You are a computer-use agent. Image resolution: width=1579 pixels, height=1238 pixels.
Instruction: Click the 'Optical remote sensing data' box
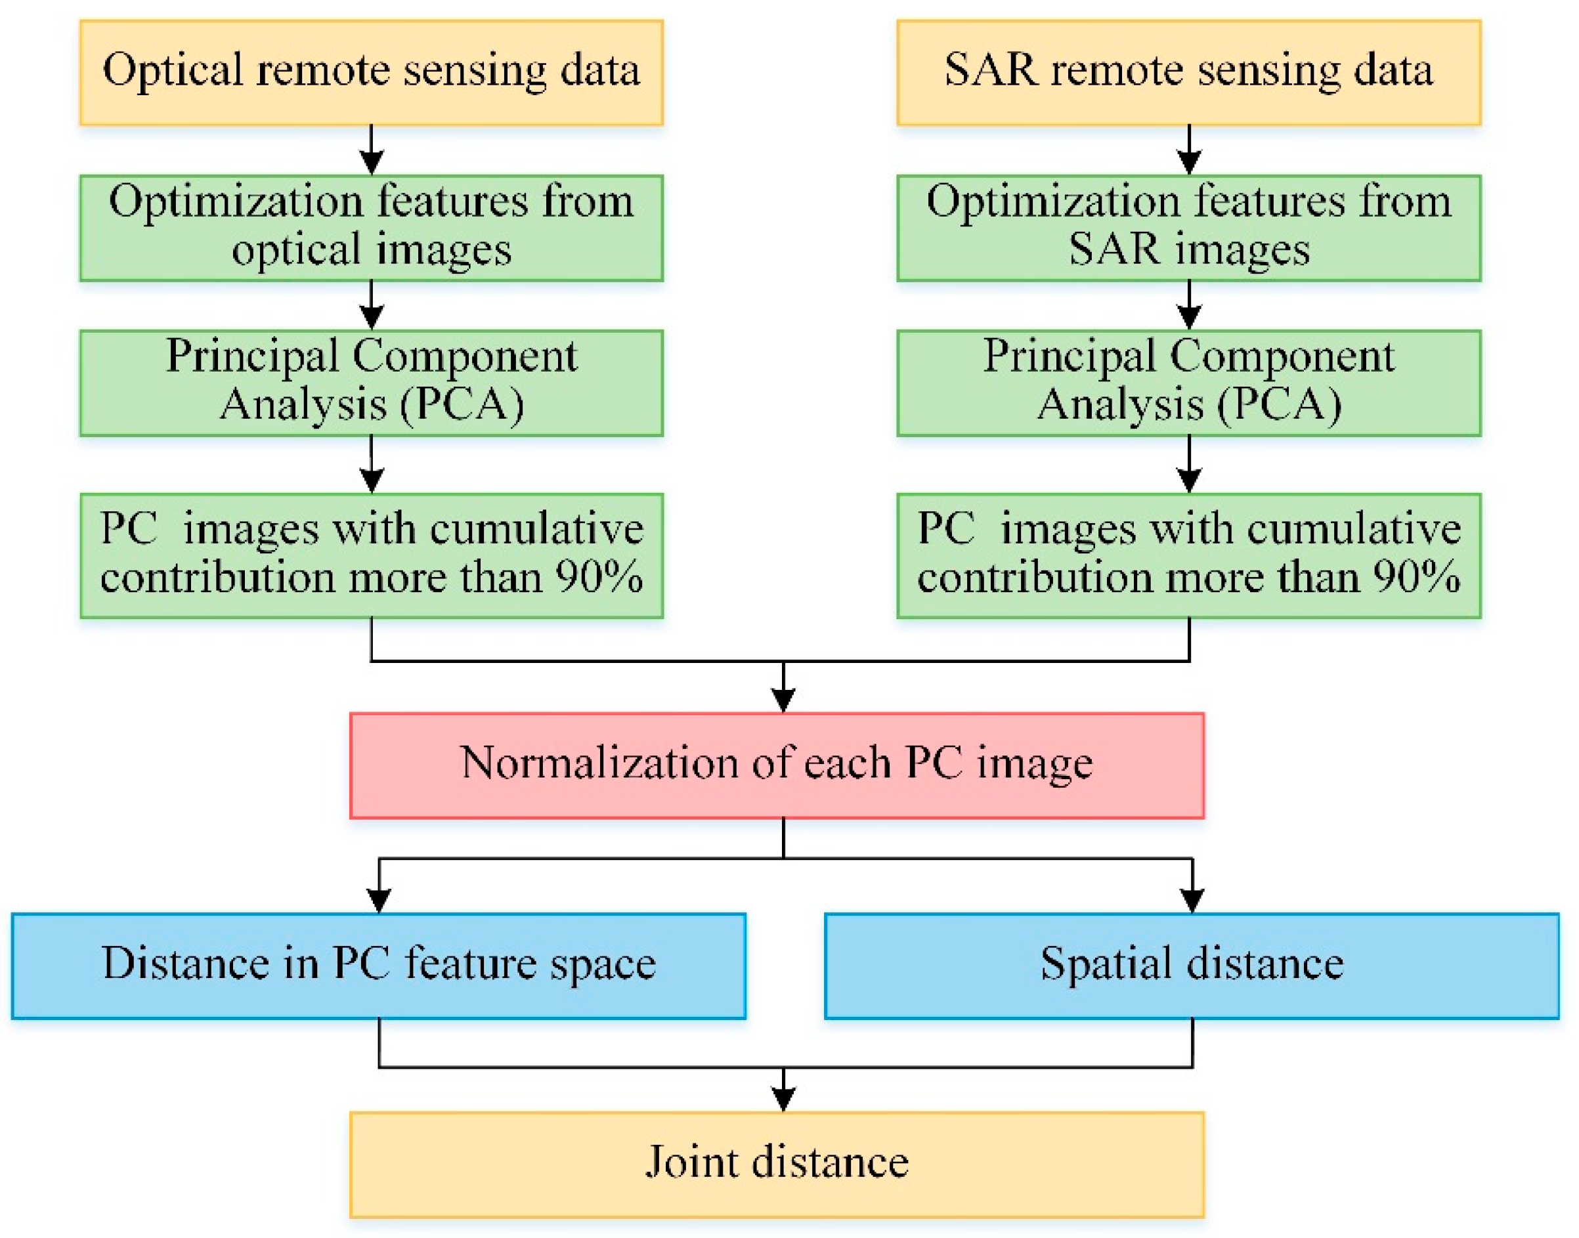371,72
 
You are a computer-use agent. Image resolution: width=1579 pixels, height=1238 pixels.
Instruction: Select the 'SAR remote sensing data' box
1189,72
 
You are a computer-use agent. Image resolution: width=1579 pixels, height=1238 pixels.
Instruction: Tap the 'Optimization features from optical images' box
371,228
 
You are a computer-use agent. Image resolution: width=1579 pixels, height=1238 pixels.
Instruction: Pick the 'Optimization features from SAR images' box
1189,228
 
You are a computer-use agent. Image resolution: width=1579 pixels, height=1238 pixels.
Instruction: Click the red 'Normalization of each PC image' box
777,765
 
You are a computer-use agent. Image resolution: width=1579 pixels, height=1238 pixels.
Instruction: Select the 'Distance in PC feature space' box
378,966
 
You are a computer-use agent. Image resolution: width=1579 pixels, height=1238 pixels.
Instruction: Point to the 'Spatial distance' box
1192,966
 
